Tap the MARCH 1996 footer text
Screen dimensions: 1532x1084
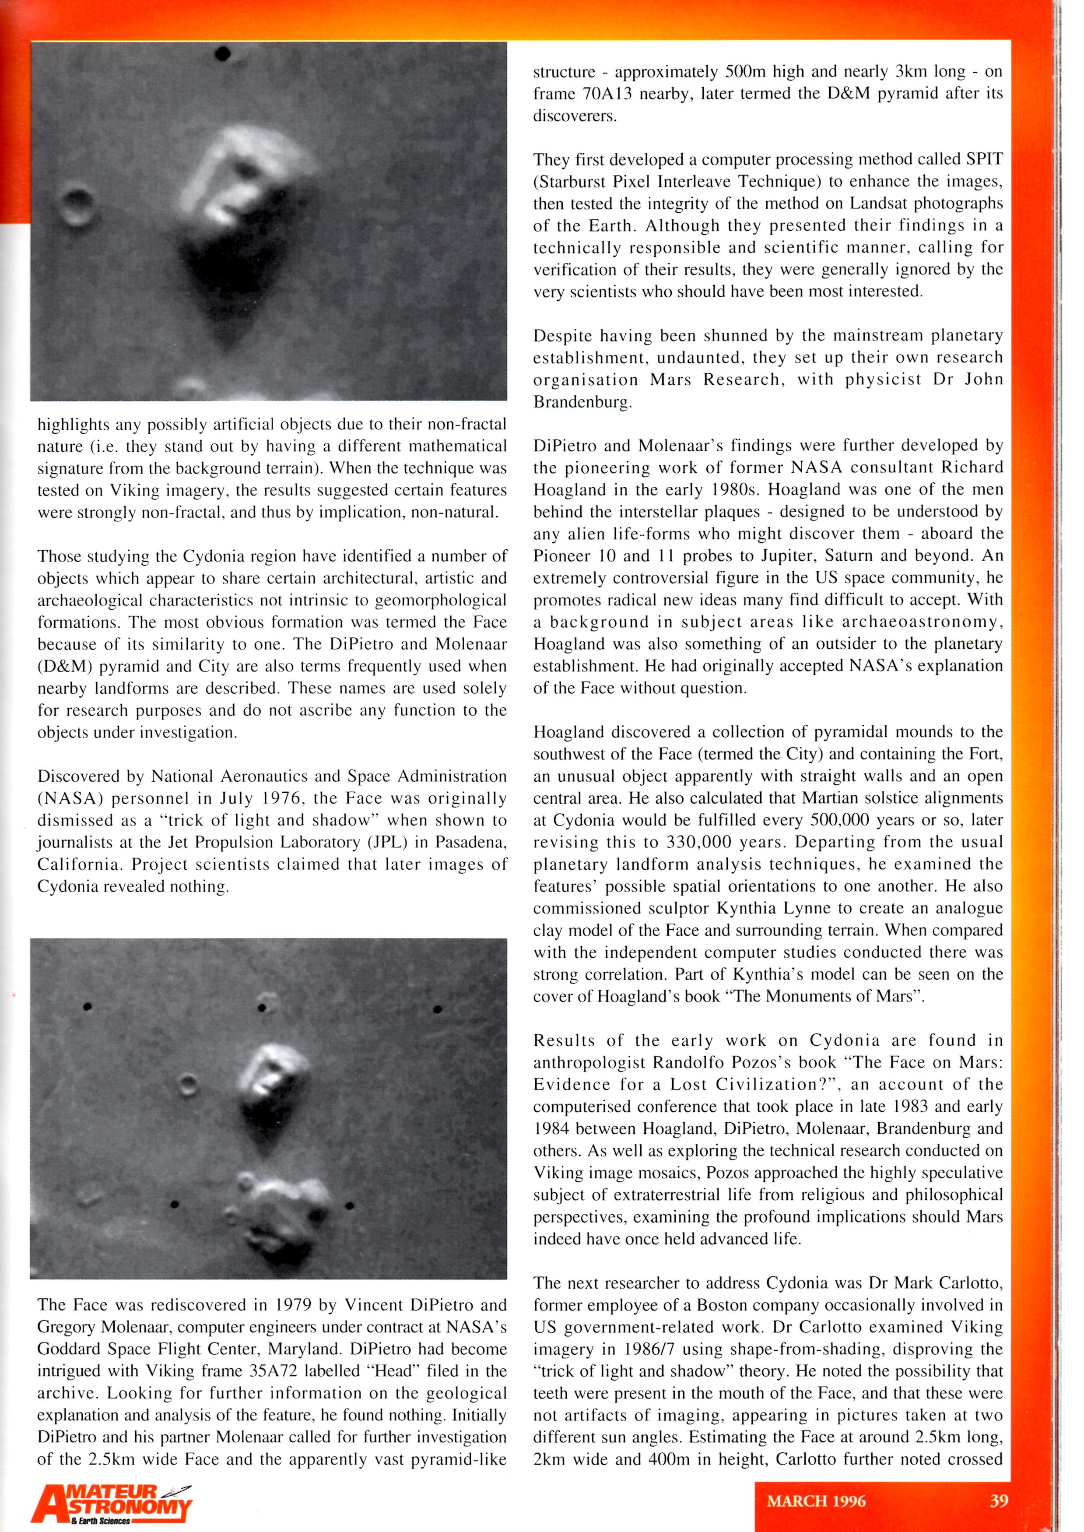click(x=816, y=1501)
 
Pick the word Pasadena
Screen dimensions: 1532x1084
click(x=471, y=843)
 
